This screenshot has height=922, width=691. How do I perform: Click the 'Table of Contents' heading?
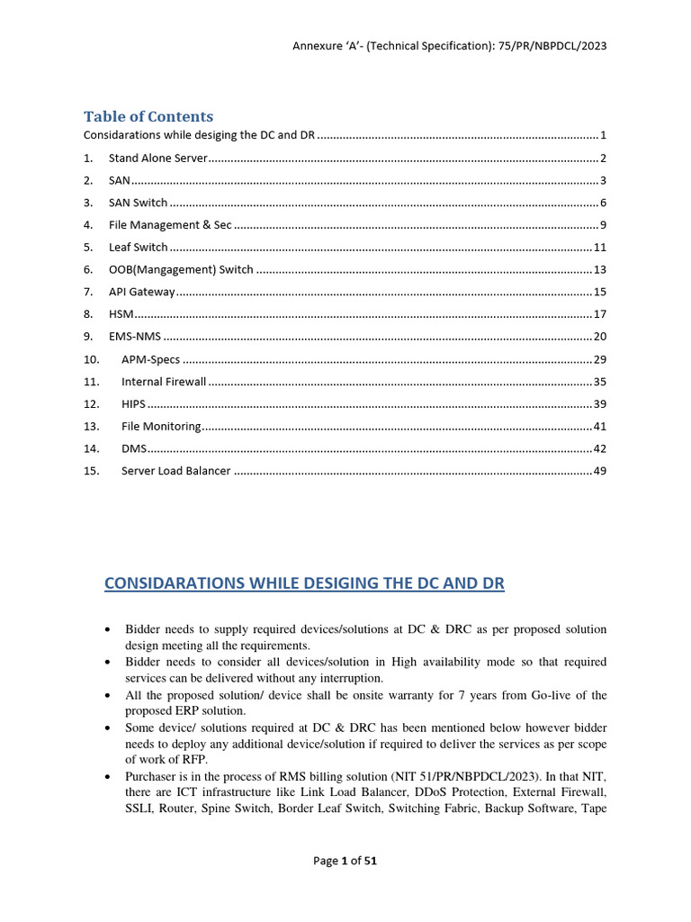[x=148, y=116]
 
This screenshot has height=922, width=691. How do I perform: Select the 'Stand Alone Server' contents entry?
[x=157, y=158]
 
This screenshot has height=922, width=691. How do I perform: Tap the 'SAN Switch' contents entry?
[x=138, y=203]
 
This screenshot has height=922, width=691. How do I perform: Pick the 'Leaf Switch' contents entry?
[x=138, y=247]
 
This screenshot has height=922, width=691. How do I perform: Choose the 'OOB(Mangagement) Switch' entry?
[x=181, y=269]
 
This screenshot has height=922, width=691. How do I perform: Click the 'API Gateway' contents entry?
[x=141, y=292]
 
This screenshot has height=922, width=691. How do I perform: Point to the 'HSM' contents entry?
[x=121, y=314]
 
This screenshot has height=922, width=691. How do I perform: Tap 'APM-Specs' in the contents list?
[x=150, y=359]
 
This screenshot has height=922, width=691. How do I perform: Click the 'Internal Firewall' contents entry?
[x=164, y=382]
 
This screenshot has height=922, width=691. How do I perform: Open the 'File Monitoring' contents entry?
[x=161, y=426]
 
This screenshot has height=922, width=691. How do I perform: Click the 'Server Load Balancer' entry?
[x=176, y=471]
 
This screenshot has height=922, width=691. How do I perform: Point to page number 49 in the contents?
[x=599, y=471]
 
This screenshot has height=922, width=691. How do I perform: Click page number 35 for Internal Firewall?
[x=599, y=382]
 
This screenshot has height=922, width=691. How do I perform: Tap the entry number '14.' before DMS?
[x=91, y=448]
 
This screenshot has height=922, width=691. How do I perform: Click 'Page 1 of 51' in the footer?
[x=345, y=861]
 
